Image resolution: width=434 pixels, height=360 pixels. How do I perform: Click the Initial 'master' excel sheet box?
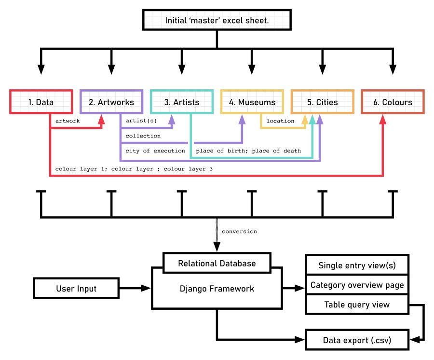pyautogui.click(x=217, y=21)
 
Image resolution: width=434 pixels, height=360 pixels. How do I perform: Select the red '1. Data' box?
pyautogui.click(x=41, y=102)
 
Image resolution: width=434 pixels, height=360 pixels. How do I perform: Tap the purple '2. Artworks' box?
pyautogui.click(x=111, y=102)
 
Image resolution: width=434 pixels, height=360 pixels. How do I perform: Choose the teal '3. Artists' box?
pyautogui.click(x=181, y=102)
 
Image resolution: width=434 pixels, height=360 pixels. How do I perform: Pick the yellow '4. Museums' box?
pyautogui.click(x=252, y=102)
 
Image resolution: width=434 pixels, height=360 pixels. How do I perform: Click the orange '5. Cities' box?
pyautogui.click(x=322, y=102)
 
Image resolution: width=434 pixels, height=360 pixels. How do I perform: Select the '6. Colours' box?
pyautogui.click(x=393, y=102)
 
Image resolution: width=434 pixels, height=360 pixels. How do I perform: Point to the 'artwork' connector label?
pyautogui.click(x=67, y=121)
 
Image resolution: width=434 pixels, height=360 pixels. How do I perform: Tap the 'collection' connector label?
pyautogui.click(x=143, y=136)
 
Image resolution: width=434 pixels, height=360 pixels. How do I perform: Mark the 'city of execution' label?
pyautogui.click(x=155, y=151)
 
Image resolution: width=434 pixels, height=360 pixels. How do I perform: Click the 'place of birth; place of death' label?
pyautogui.click(x=248, y=151)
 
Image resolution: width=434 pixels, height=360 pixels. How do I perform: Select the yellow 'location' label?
pyautogui.click(x=280, y=121)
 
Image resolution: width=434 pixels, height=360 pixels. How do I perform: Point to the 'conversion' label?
pyautogui.click(x=239, y=232)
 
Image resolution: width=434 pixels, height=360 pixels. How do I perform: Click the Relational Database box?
pyautogui.click(x=217, y=263)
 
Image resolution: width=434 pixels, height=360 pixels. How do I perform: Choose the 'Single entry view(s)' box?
pyautogui.click(x=357, y=265)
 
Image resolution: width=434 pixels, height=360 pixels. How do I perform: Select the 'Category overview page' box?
pyautogui.click(x=357, y=285)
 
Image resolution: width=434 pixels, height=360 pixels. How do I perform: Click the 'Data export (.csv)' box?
pyautogui.click(x=357, y=341)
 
